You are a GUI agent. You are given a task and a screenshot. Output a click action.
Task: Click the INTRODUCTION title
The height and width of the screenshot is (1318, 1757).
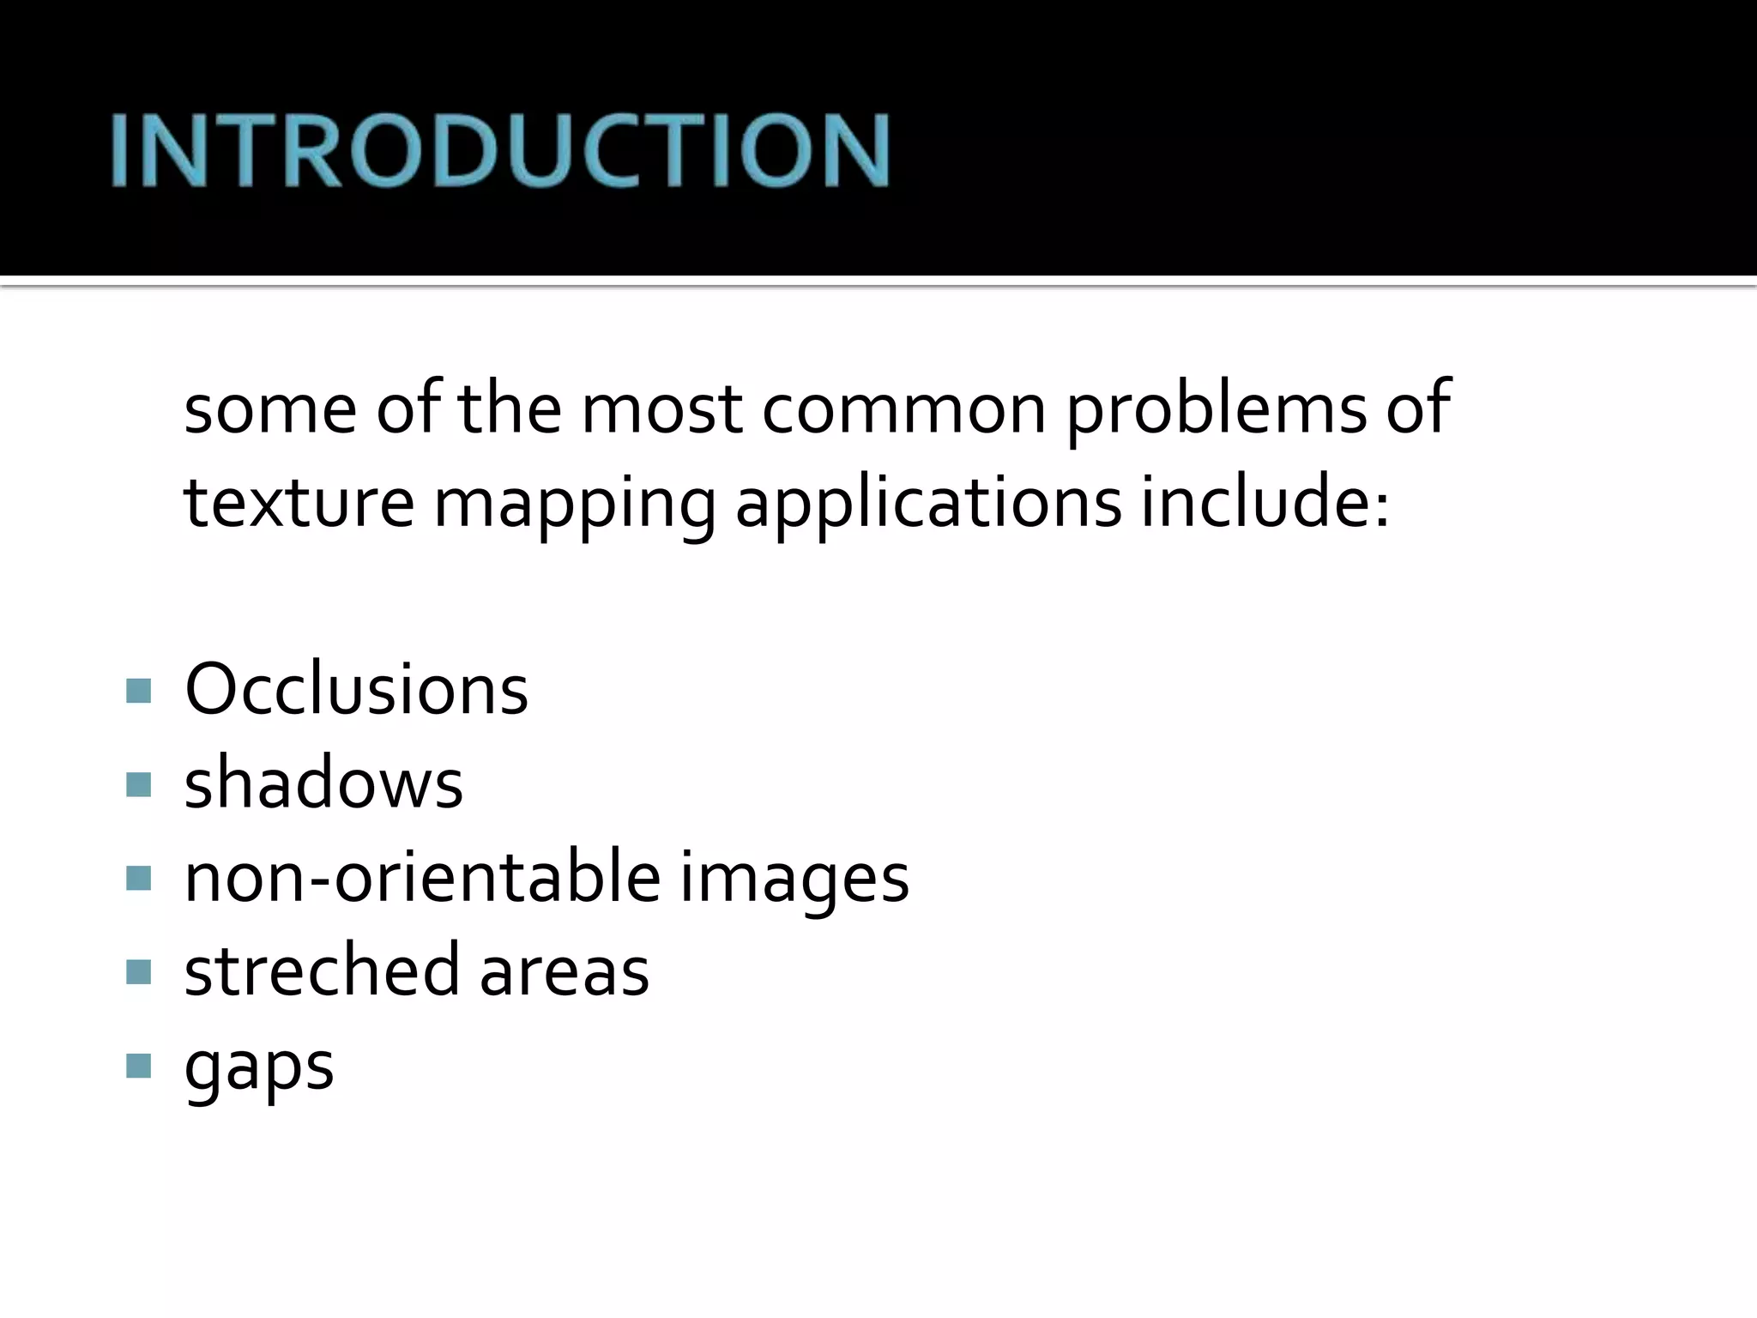[500, 150]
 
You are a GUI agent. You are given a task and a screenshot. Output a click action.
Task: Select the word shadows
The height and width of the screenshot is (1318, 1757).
[323, 783]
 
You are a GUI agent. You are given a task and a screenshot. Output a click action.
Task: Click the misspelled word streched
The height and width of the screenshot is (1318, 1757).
[322, 970]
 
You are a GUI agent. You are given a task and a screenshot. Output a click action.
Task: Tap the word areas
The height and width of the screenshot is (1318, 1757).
[564, 972]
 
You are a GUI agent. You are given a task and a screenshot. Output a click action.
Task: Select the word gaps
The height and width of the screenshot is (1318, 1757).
[259, 1068]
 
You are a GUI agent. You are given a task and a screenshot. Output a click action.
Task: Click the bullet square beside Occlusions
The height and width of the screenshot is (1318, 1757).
[138, 691]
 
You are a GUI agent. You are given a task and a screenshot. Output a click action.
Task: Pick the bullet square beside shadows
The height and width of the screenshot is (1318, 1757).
[138, 784]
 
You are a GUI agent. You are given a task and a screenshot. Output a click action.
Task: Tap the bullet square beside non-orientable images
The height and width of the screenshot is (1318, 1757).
[138, 878]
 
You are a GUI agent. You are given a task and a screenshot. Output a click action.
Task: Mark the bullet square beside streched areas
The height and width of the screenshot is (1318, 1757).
[138, 971]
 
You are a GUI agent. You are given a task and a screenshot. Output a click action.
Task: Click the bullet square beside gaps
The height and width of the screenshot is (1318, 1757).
[138, 1066]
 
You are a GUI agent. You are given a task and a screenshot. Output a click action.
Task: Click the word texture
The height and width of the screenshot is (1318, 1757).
[299, 502]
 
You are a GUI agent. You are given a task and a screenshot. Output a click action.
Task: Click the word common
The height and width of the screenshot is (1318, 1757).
[904, 409]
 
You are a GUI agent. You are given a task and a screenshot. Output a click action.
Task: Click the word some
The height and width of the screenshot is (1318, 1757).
[270, 409]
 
